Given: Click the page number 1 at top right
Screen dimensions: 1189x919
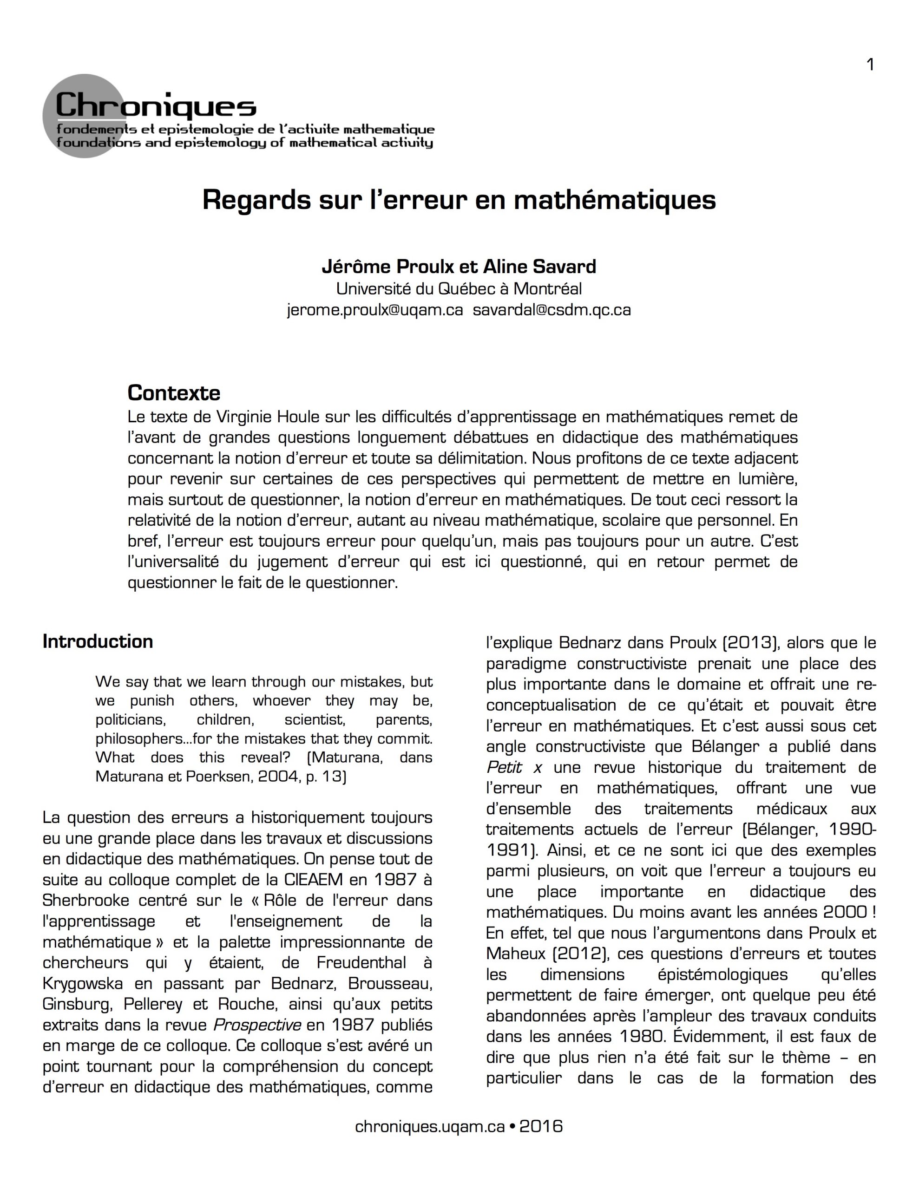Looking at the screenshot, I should point(870,65).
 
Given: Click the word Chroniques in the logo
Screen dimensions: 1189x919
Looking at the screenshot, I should point(156,105).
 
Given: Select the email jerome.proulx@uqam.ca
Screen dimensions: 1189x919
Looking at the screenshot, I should point(375,310).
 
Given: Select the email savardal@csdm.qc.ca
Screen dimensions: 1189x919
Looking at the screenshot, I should point(552,310).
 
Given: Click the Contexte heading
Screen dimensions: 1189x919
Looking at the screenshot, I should point(174,392).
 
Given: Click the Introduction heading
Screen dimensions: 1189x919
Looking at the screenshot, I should point(98,641).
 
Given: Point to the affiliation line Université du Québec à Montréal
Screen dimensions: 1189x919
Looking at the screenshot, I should point(459,288).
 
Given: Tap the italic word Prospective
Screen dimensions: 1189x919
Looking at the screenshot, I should point(257,1025).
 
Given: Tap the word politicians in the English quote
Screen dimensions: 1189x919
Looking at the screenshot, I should point(130,720).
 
